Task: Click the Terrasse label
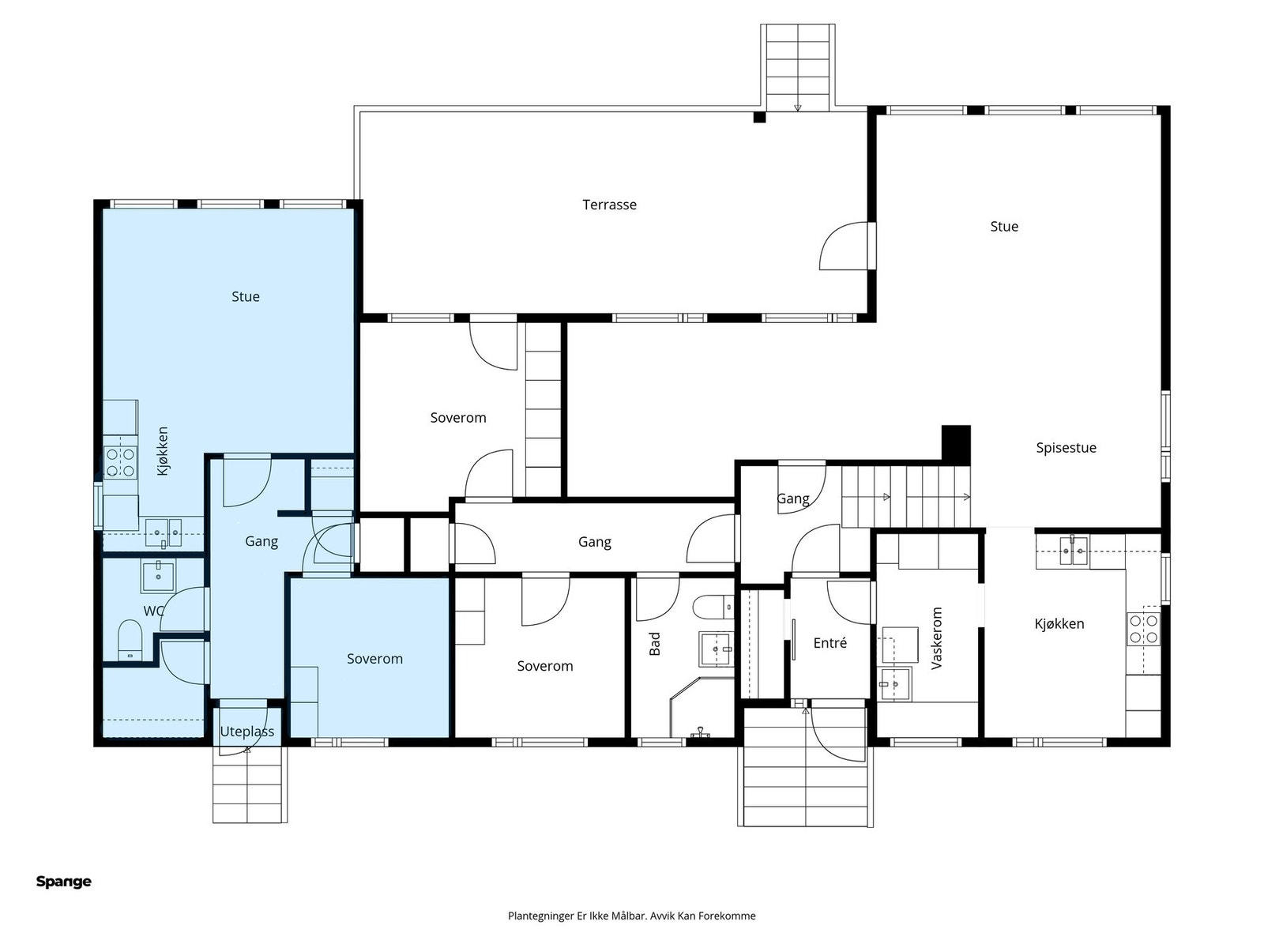tap(609, 205)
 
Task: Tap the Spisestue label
tap(1066, 448)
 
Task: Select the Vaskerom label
tap(936, 638)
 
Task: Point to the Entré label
tap(829, 643)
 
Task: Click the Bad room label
tap(655, 644)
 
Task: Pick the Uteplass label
tap(247, 732)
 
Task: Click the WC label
tap(154, 611)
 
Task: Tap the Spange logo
tap(64, 881)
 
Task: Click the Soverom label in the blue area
tap(374, 659)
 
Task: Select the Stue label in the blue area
tap(246, 297)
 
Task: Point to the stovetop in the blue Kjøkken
tap(120, 464)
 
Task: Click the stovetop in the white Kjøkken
tap(1144, 630)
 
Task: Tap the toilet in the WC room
tap(130, 640)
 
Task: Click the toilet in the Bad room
tap(713, 608)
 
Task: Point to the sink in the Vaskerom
tap(895, 684)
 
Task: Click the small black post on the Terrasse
tap(759, 118)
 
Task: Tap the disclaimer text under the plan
tap(632, 916)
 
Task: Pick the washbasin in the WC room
tap(158, 576)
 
